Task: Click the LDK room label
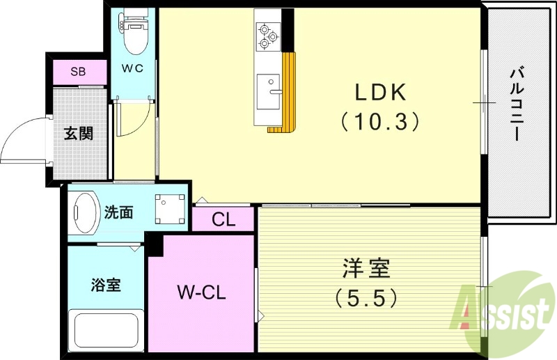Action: click(x=381, y=93)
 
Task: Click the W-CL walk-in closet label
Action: click(x=201, y=293)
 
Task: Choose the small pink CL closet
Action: click(x=223, y=221)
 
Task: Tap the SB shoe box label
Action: click(x=79, y=72)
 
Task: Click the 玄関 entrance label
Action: click(x=79, y=133)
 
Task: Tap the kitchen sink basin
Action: click(x=267, y=91)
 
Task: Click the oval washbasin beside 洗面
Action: click(x=86, y=212)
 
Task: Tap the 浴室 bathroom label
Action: click(x=106, y=285)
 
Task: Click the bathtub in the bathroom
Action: click(x=107, y=331)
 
